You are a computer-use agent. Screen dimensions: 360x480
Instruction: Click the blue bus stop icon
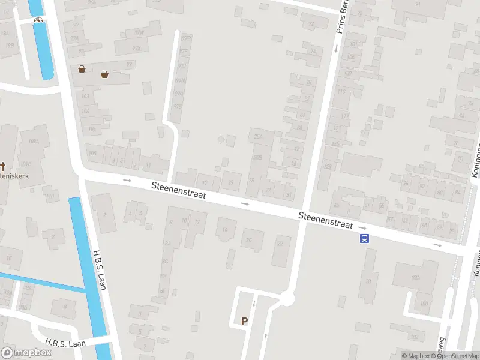pyautogui.click(x=364, y=238)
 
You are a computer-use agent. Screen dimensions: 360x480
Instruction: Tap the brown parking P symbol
pyautogui.click(x=244, y=322)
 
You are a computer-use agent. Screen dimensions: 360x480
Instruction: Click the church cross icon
pyautogui.click(x=2, y=166)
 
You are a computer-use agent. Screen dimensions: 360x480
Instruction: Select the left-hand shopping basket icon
pyautogui.click(x=82, y=69)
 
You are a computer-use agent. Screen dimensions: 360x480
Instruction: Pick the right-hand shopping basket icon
pyautogui.click(x=104, y=74)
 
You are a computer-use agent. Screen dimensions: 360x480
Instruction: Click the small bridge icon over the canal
pyautogui.click(x=39, y=19)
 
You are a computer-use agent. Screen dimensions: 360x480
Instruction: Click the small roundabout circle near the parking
pyautogui.click(x=288, y=297)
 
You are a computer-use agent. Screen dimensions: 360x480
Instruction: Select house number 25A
pyautogui.click(x=259, y=137)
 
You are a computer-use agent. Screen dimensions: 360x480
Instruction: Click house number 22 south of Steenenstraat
pyautogui.click(x=280, y=243)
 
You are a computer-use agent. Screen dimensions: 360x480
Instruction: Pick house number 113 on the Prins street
pyautogui.click(x=341, y=91)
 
